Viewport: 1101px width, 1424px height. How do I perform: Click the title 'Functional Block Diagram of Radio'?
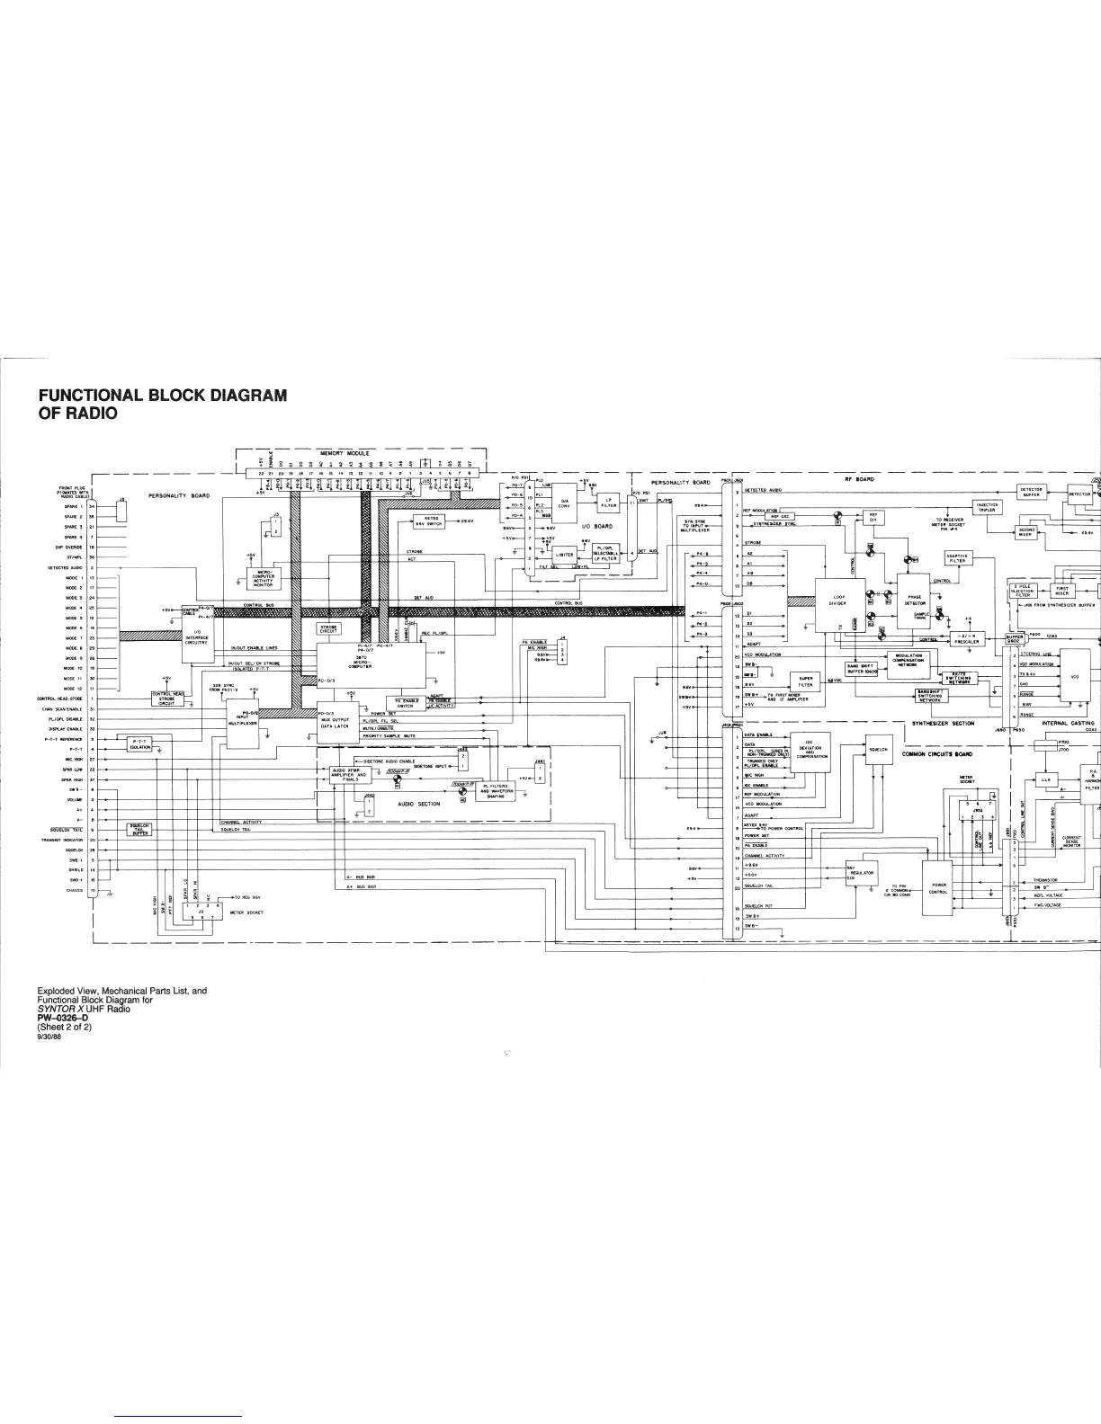pyautogui.click(x=162, y=403)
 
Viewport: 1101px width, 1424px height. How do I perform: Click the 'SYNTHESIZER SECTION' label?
pyautogui.click(x=943, y=723)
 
